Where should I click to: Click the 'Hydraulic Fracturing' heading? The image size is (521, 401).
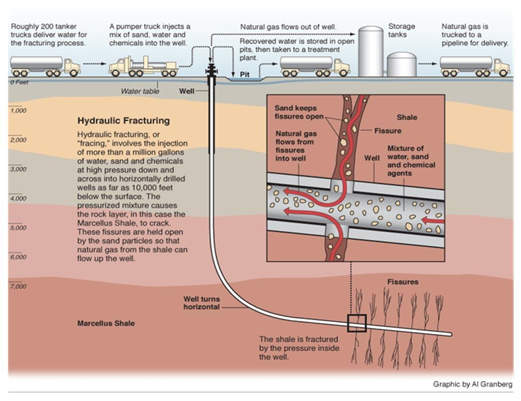point(123,121)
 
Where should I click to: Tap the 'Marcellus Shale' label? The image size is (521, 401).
point(106,323)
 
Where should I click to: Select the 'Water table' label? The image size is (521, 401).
point(140,91)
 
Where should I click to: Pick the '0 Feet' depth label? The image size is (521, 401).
point(19,82)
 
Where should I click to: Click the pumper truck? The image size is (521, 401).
point(142,66)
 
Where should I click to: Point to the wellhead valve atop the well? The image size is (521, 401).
point(211,70)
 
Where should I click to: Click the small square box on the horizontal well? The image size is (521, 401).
point(356,324)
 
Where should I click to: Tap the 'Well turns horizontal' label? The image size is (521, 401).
point(202,303)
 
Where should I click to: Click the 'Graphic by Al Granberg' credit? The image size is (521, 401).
point(472,384)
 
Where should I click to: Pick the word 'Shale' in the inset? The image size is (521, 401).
point(406,117)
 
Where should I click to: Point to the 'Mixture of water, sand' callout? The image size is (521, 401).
point(411,161)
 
